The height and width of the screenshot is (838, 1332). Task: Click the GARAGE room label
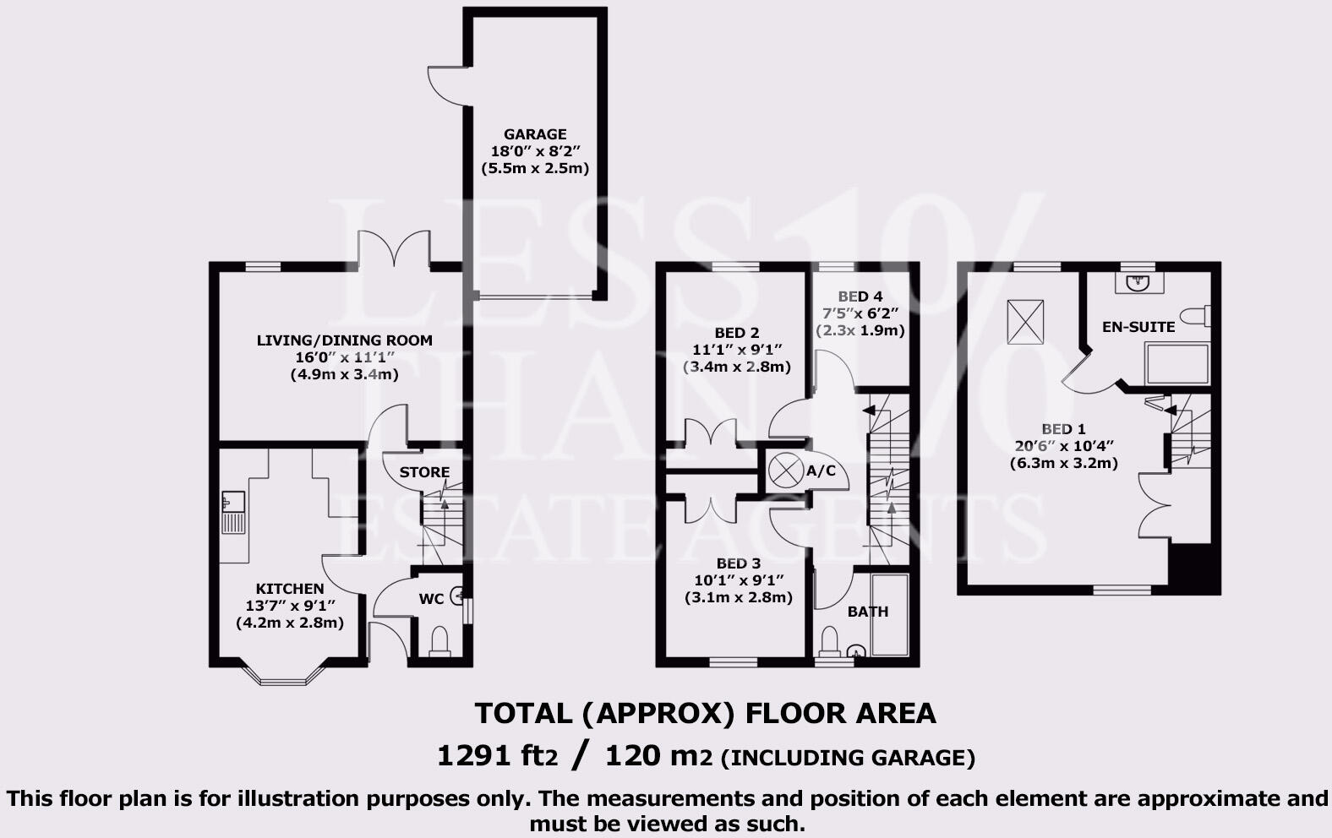[535, 134]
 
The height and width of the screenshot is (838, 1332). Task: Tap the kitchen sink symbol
[232, 512]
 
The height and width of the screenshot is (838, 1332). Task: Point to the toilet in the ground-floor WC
[439, 641]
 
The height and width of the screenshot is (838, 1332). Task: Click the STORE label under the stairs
[424, 472]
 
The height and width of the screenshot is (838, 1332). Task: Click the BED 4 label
[860, 297]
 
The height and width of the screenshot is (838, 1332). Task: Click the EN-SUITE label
[1138, 327]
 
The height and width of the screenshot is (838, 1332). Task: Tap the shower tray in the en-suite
[1177, 364]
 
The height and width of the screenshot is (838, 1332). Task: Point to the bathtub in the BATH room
[889, 615]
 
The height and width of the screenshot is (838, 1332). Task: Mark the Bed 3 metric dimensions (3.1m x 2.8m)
[738, 597]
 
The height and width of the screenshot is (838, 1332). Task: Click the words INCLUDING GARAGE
[848, 758]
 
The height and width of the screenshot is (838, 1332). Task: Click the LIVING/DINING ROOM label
[345, 340]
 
